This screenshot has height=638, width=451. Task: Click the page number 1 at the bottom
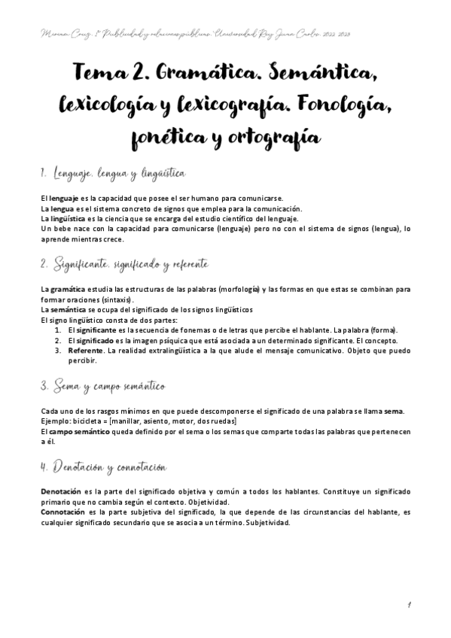tap(407, 603)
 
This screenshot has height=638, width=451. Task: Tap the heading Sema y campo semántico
tap(102, 386)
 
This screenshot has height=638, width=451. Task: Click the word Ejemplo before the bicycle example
tap(54, 422)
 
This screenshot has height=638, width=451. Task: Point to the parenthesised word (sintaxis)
tap(109, 299)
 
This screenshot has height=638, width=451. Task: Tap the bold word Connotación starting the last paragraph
tap(65, 512)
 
